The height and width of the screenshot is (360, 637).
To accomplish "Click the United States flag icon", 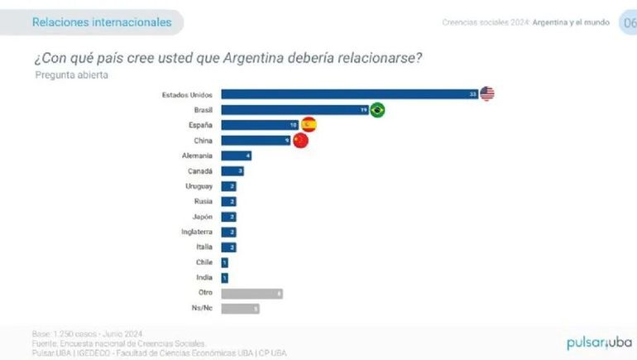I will coord(486,94).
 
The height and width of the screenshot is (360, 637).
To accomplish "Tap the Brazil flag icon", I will coord(377,110).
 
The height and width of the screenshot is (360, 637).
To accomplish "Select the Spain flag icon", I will coord(309,125).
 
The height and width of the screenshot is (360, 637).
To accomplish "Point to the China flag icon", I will coord(300,141).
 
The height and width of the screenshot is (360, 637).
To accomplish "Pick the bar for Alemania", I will coord(236,156).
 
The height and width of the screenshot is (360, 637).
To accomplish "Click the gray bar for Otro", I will coord(251,293).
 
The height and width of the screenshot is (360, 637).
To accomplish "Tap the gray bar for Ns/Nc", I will coord(240,309).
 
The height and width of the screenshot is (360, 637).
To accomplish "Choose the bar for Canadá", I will coord(232,171).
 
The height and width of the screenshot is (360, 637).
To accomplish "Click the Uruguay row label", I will coord(199,186).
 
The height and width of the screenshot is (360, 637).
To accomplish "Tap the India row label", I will coord(204,278).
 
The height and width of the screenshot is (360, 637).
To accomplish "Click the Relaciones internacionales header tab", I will coord(101,22).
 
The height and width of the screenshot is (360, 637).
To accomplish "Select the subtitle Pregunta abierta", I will coord(71,74).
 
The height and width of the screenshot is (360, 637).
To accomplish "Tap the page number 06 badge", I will coord(629,22).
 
